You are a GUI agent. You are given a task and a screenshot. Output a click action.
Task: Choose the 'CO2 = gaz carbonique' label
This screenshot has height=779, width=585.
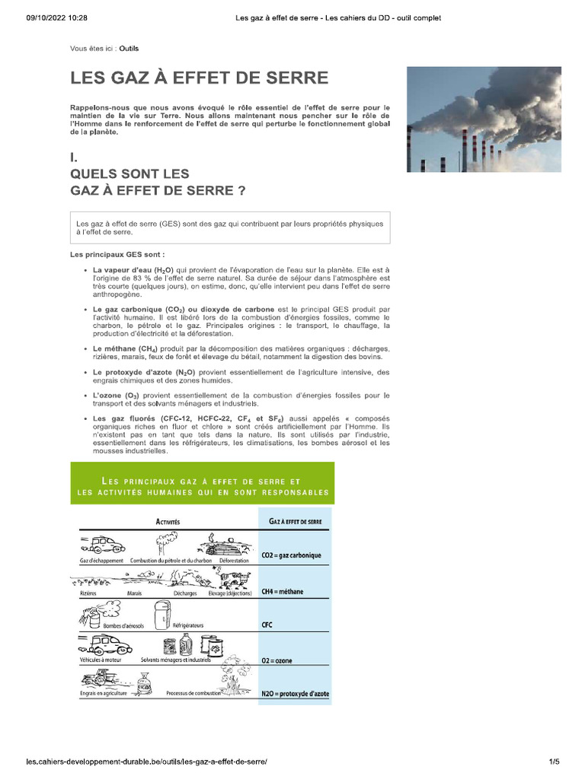tap(291, 555)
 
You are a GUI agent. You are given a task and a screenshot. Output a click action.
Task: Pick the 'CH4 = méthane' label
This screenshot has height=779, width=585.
tap(282, 591)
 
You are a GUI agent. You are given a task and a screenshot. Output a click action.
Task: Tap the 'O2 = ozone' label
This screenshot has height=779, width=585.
tap(277, 660)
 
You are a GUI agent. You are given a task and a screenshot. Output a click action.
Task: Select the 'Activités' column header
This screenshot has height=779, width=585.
tap(168, 522)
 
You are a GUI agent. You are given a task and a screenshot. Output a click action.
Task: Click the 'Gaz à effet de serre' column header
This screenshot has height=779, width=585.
tap(296, 522)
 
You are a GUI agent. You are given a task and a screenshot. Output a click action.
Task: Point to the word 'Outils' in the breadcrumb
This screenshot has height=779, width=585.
tap(129, 48)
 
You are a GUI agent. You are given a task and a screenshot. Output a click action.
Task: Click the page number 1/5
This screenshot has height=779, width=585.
tap(554, 762)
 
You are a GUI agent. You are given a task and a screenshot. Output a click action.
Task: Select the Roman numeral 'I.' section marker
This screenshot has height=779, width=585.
tap(73, 157)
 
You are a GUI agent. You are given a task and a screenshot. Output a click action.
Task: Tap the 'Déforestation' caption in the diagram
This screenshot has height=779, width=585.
tap(234, 561)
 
